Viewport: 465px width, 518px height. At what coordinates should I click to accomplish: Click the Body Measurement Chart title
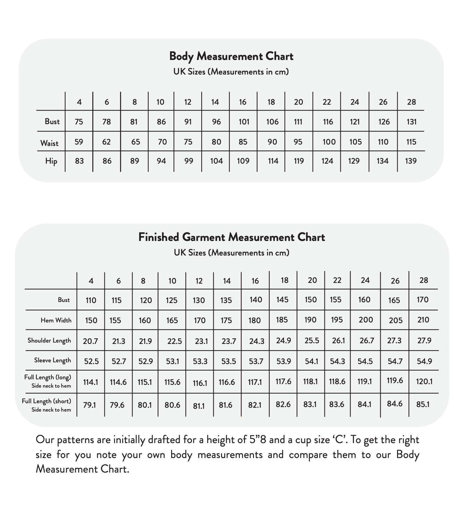click(x=231, y=56)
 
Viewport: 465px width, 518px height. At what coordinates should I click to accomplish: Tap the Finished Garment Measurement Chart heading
click(x=231, y=237)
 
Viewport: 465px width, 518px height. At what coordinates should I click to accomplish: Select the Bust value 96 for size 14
click(x=216, y=122)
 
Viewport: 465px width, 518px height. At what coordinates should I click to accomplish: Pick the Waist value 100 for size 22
click(x=329, y=142)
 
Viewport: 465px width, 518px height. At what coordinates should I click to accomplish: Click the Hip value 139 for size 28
click(x=411, y=161)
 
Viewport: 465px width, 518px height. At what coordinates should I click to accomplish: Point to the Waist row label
click(x=49, y=143)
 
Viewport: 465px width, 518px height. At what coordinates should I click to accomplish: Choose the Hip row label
click(x=51, y=161)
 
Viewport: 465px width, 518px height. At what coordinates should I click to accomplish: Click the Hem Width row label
click(x=56, y=320)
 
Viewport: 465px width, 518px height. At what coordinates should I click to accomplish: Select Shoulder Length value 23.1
click(x=201, y=341)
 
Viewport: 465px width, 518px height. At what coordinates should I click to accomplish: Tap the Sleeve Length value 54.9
click(x=424, y=361)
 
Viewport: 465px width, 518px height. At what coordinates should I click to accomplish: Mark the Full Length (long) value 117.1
click(x=255, y=382)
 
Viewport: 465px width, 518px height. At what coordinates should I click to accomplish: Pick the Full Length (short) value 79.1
click(x=90, y=405)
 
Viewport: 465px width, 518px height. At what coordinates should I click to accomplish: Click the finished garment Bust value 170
click(x=422, y=300)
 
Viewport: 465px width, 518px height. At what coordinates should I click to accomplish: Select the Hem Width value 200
click(x=365, y=320)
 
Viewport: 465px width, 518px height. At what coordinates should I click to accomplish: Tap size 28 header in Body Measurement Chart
click(x=411, y=102)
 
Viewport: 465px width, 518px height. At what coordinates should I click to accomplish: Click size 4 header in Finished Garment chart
click(x=91, y=281)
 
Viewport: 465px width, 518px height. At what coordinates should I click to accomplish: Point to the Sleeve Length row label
click(x=52, y=361)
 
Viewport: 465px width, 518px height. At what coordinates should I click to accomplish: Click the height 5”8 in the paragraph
click(x=258, y=440)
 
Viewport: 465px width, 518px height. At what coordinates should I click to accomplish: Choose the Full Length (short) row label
click(x=46, y=402)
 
